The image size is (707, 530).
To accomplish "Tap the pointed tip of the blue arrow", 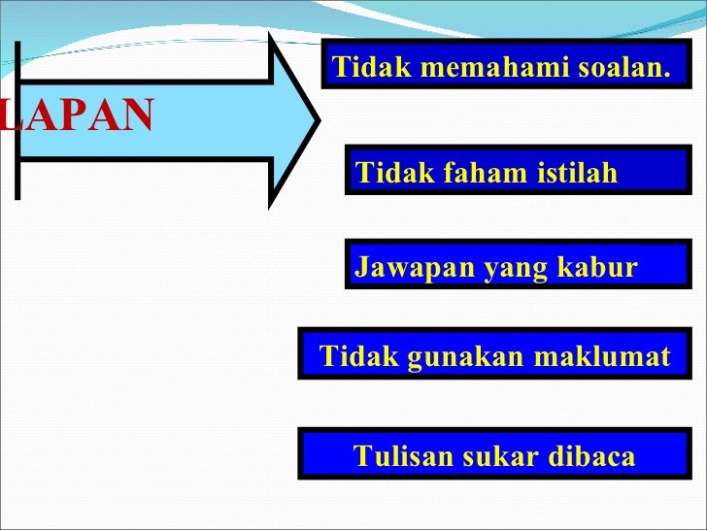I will tap(317, 121).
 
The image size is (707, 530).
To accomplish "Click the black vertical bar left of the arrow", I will tap(17, 119).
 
